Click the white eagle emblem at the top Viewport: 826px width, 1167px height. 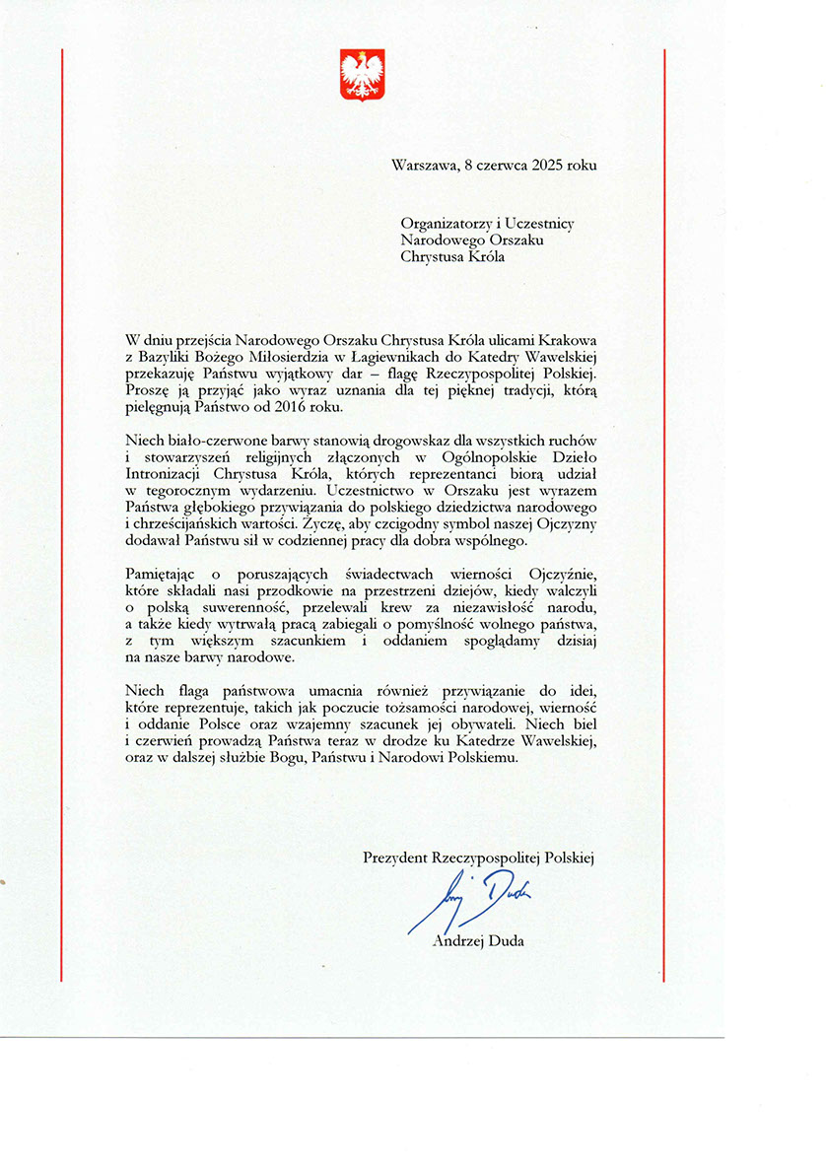tap(362, 75)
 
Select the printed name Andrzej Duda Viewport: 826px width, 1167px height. tap(478, 941)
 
